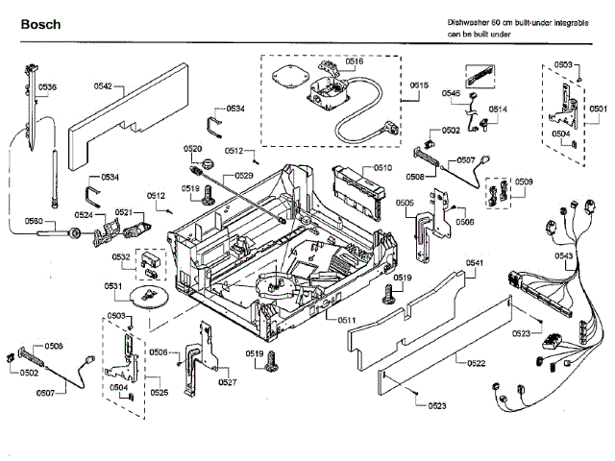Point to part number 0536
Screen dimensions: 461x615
click(x=47, y=88)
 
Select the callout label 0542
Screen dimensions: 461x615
click(x=103, y=86)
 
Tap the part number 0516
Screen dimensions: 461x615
click(x=354, y=61)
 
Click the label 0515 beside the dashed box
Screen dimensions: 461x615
click(x=418, y=86)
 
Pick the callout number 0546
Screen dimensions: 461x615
click(x=450, y=93)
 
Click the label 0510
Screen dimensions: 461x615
click(x=382, y=168)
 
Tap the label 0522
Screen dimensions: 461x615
click(x=476, y=362)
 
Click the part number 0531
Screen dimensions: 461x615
click(x=113, y=286)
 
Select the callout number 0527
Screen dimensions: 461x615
click(x=227, y=382)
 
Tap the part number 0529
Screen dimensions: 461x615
click(x=244, y=176)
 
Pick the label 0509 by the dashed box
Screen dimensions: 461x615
click(x=524, y=182)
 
